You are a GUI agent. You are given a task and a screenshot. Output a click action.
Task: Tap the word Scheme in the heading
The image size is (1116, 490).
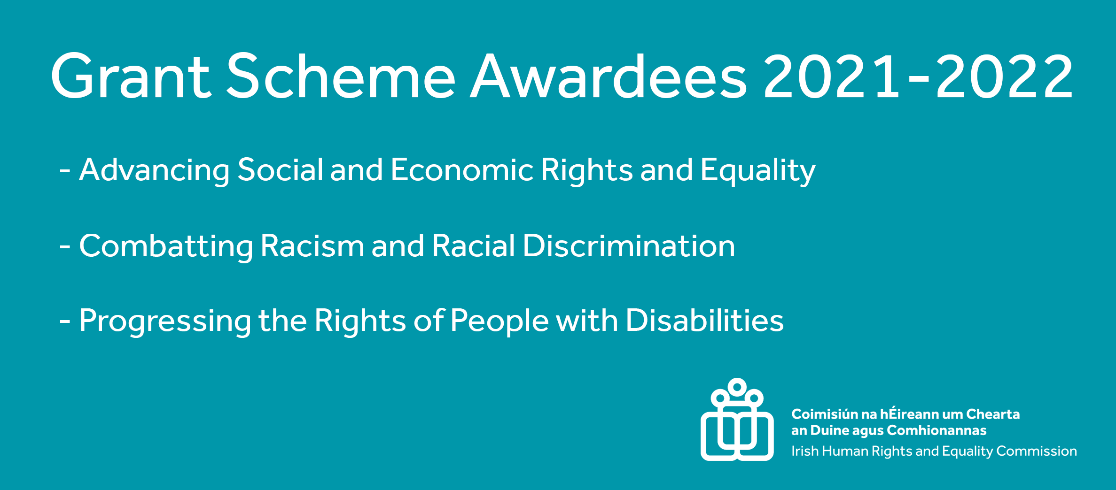coord(341,77)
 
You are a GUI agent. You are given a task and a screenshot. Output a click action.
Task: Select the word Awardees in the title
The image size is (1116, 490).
coord(608,77)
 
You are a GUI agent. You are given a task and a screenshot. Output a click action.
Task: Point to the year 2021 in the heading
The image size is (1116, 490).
coord(831,77)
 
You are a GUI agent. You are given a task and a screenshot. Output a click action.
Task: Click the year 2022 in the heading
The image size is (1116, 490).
coord(1005,77)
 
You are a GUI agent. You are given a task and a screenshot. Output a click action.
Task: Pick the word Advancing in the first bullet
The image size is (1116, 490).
coord(155,170)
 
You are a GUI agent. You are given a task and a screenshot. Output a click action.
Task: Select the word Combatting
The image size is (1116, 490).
coord(166,246)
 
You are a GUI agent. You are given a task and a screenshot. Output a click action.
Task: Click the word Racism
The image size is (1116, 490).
coord(312,246)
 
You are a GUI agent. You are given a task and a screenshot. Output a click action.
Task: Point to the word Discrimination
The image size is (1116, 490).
coord(629,246)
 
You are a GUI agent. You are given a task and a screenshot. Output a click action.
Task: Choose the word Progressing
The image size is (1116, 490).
coord(165,322)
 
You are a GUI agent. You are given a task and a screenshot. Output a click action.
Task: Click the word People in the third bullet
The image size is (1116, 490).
coord(499,322)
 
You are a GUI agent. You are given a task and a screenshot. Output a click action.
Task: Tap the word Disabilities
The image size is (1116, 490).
coord(705,321)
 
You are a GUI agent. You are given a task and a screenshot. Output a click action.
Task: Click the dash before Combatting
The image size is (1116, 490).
coord(65,246)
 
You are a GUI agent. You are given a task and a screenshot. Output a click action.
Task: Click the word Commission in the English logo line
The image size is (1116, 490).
coord(1036,451)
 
